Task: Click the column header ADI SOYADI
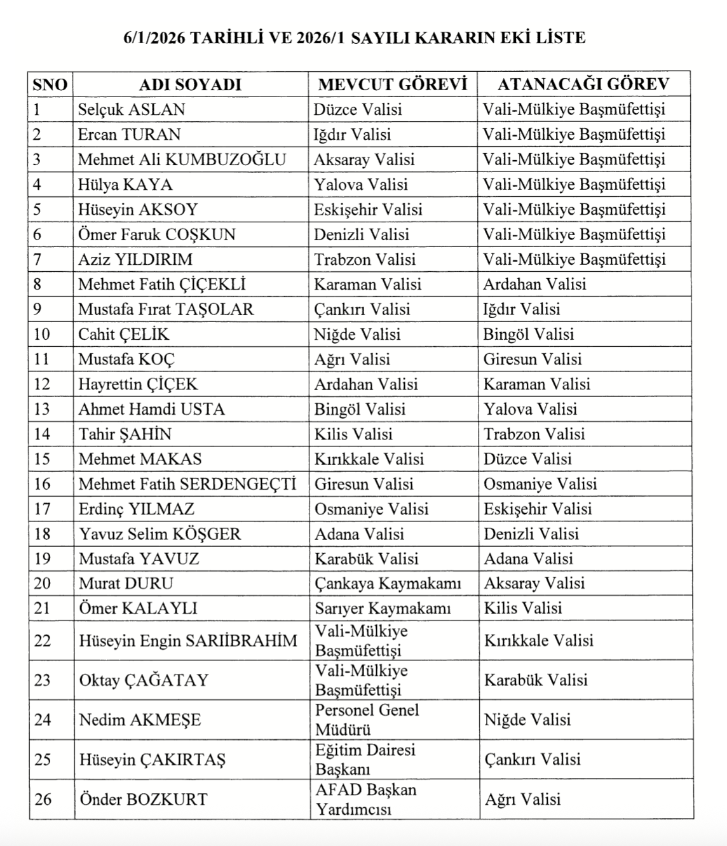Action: [190, 84]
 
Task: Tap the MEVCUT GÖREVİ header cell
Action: [392, 84]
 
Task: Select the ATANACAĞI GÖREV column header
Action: [583, 84]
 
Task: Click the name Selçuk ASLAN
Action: [132, 109]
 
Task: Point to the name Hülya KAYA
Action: [125, 185]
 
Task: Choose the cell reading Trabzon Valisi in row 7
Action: [365, 259]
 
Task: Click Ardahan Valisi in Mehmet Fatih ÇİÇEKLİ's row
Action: [534, 284]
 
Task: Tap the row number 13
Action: [42, 409]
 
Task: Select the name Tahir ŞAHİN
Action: [125, 434]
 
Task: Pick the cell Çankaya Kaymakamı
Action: [388, 583]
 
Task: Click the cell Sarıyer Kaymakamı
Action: [383, 608]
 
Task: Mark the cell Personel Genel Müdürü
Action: [367, 719]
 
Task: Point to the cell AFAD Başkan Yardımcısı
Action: [365, 799]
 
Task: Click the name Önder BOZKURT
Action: [143, 799]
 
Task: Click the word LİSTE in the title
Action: [561, 37]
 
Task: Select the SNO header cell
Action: [50, 84]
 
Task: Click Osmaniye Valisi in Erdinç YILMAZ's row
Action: [372, 509]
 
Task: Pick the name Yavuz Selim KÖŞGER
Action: [160, 534]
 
